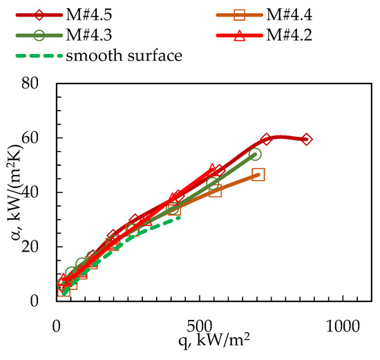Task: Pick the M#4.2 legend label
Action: (281, 33)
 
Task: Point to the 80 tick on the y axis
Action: (39, 84)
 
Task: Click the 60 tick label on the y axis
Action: (39, 138)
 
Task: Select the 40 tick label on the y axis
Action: (39, 193)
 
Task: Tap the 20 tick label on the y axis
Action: (39, 247)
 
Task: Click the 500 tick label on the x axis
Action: (200, 324)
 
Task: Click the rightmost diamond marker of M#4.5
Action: (307, 140)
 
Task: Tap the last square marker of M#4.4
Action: (258, 175)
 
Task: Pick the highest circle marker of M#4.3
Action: (254, 155)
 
